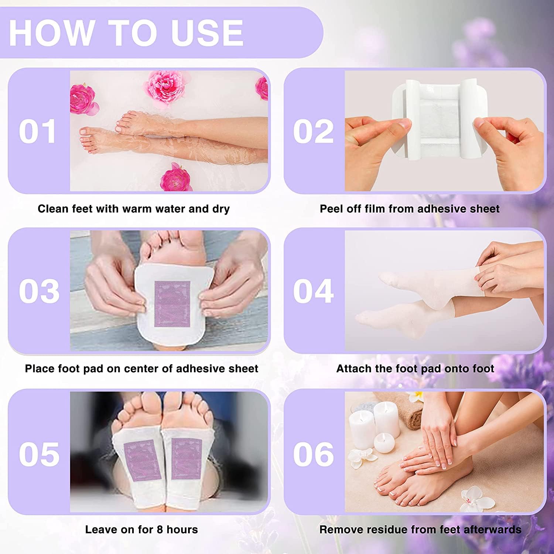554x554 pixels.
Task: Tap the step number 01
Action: click(x=38, y=131)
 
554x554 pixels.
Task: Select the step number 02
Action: click(x=313, y=131)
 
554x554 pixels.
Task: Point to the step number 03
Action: click(x=39, y=291)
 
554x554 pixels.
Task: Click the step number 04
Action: click(x=314, y=291)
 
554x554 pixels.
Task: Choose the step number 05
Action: click(x=39, y=454)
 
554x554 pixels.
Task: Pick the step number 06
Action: click(x=314, y=454)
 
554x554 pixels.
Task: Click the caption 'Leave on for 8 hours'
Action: click(x=141, y=529)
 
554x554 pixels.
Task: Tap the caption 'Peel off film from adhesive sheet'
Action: click(x=410, y=209)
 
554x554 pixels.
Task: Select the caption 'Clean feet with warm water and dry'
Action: click(x=134, y=209)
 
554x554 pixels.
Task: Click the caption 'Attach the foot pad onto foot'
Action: click(x=415, y=369)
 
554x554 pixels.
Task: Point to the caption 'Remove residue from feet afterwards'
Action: click(x=420, y=529)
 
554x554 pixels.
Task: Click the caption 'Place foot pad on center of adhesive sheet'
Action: click(x=141, y=369)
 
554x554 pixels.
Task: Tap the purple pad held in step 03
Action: click(x=172, y=304)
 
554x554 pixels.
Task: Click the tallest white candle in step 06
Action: click(x=387, y=419)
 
